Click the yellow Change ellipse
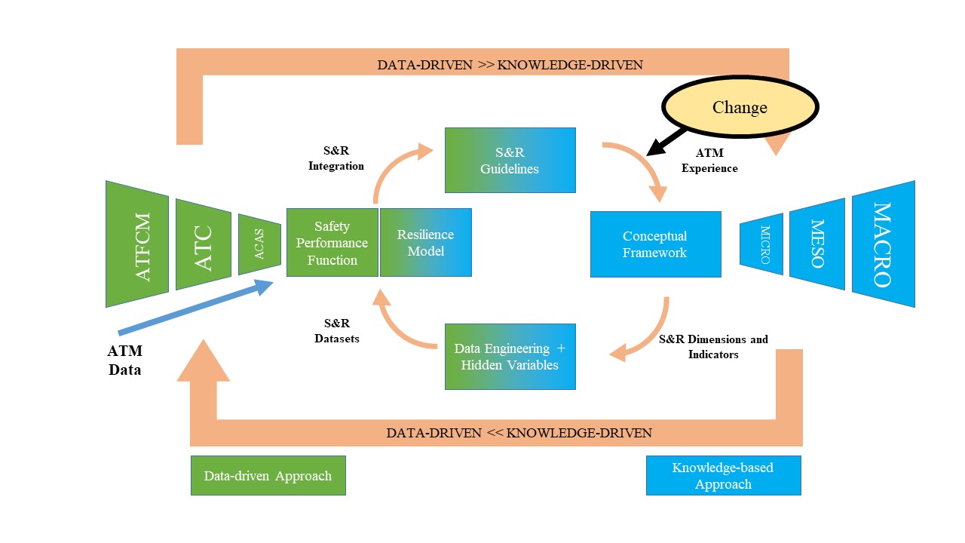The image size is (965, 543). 740,108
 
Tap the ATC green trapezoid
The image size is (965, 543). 203,244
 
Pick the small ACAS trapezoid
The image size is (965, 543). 259,244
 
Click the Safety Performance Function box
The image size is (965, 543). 332,243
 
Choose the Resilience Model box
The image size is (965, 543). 426,243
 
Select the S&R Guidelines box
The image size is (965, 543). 510,160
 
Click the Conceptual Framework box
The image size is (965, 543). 655,244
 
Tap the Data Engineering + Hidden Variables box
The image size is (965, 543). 510,357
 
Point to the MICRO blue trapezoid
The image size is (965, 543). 761,244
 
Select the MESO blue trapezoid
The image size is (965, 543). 816,244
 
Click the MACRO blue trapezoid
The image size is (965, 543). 883,244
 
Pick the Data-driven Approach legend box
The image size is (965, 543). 268,475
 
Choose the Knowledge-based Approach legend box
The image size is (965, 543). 723,475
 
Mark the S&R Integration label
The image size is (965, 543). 336,158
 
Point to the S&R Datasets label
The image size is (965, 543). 336,331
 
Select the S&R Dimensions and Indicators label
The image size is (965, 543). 713,346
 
